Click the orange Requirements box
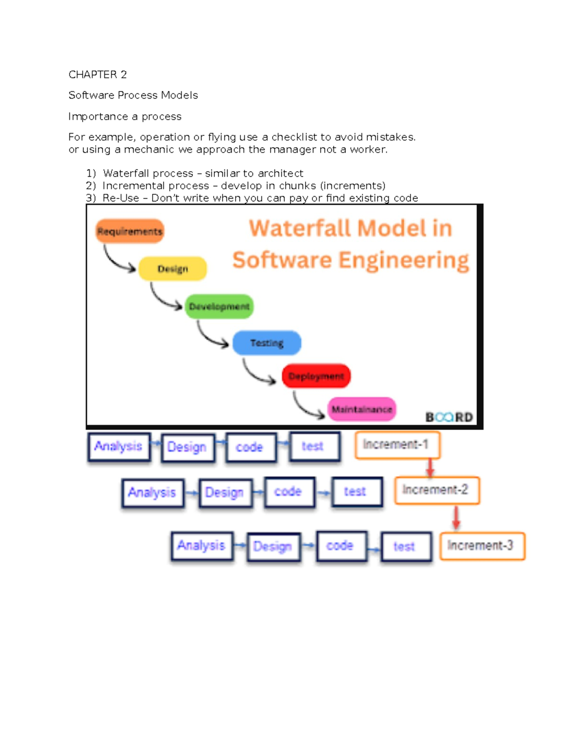point(130,231)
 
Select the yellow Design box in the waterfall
point(172,268)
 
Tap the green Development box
point(219,306)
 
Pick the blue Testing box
point(267,343)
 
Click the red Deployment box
point(316,376)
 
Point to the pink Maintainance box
point(361,409)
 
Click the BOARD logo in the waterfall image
point(449,417)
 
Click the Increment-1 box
point(397,445)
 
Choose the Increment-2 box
point(437,490)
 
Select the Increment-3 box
point(482,546)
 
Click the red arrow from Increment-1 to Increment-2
point(430,468)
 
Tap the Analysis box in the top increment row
point(119,446)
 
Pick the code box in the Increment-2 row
point(290,492)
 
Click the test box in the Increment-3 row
point(406,547)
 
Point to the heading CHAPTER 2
point(98,74)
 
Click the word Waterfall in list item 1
point(123,173)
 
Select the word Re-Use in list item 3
point(120,198)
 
